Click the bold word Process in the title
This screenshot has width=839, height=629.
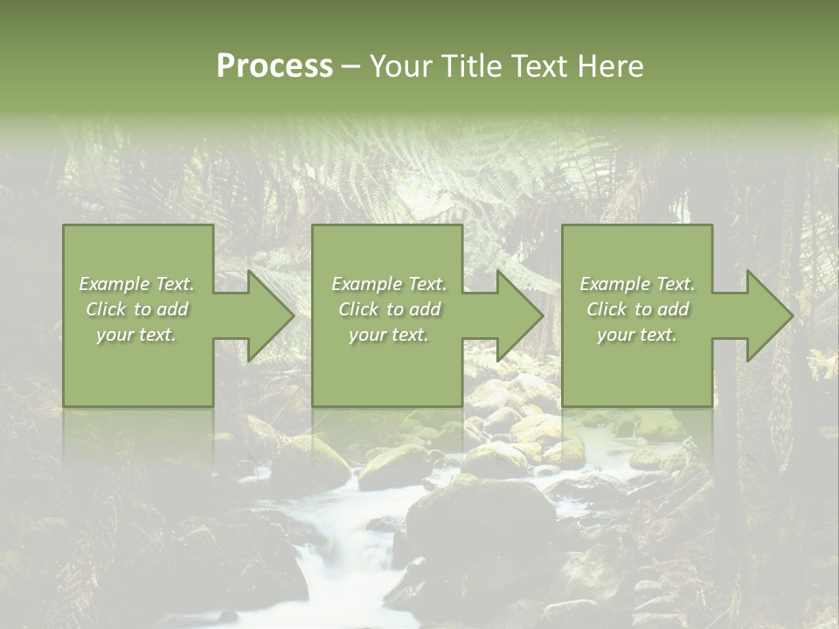click(274, 66)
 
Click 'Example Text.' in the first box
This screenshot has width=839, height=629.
click(137, 284)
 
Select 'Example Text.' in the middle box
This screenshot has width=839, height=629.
click(388, 284)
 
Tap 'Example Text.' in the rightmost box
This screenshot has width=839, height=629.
click(637, 284)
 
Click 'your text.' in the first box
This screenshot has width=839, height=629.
click(137, 335)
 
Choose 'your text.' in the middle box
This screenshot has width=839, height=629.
click(388, 335)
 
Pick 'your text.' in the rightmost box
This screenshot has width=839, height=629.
click(637, 335)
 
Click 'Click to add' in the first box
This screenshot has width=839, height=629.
click(137, 309)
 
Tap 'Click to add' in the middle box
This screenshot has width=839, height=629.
click(388, 309)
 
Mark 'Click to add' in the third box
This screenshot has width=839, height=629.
click(637, 309)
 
